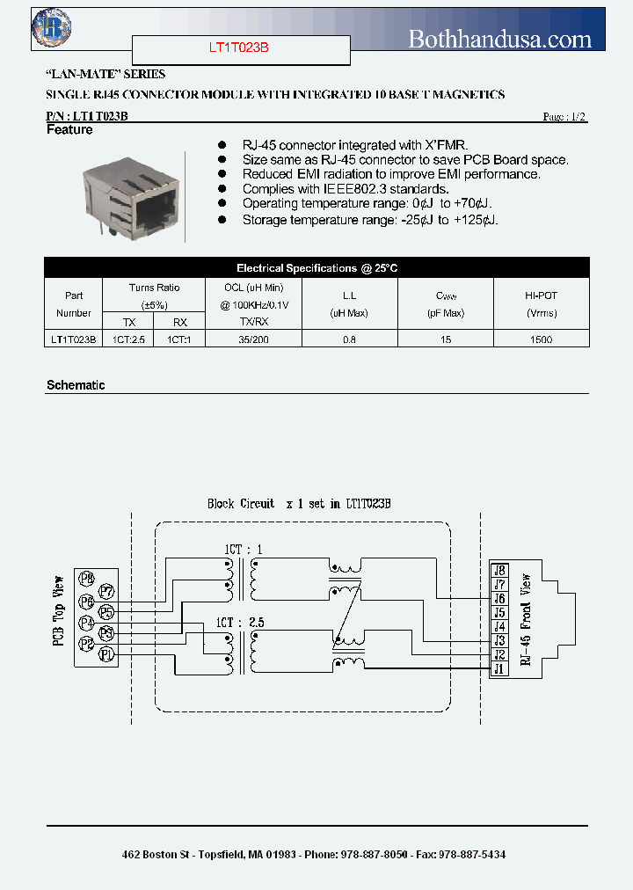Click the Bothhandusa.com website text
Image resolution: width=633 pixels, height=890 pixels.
(x=500, y=38)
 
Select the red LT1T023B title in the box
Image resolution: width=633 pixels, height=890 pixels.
(x=240, y=48)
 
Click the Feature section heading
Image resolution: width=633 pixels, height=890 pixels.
(x=69, y=130)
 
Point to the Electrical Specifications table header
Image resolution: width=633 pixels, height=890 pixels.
(x=316, y=268)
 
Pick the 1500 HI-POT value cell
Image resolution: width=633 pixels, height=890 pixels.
(x=542, y=339)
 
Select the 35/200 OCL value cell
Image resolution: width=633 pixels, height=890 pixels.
(x=253, y=339)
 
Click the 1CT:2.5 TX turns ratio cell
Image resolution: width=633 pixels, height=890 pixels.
(x=128, y=339)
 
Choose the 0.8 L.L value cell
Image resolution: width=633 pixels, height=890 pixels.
(x=350, y=339)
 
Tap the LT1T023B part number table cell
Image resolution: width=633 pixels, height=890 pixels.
(x=74, y=339)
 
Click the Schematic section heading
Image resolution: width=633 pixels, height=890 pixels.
(x=76, y=385)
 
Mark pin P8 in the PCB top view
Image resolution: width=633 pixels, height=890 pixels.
(x=86, y=578)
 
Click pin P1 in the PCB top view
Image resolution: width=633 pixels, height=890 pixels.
(x=106, y=653)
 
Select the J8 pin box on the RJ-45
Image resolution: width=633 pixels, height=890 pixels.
(x=498, y=571)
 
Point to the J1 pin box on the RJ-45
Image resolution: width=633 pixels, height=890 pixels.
(x=498, y=668)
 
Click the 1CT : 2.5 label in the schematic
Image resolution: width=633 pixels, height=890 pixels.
(x=239, y=622)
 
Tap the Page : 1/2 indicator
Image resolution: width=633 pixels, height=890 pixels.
(x=564, y=117)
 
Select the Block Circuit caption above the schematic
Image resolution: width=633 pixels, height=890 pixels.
(x=241, y=504)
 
